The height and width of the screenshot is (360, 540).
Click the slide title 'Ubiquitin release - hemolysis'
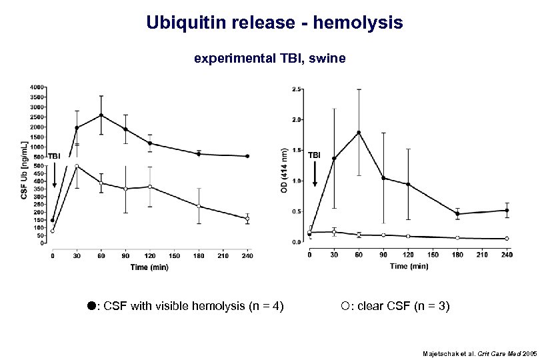tap(274, 23)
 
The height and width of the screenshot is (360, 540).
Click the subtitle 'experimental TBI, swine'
tap(269, 59)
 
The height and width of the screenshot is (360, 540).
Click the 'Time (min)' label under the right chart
tap(409, 265)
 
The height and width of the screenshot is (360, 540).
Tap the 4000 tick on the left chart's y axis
tap(37, 87)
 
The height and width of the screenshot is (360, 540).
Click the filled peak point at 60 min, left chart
tap(101, 115)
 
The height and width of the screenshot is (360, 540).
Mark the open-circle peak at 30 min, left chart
tap(77, 166)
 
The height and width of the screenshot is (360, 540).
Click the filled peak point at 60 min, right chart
tap(359, 133)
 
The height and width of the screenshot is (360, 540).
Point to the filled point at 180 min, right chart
tap(457, 214)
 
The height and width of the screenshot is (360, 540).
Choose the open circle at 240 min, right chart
tap(507, 239)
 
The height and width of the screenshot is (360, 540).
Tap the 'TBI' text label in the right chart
tap(314, 155)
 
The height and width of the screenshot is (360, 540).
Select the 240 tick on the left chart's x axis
tap(247, 254)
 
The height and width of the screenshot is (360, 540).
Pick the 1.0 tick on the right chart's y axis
tap(297, 181)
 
